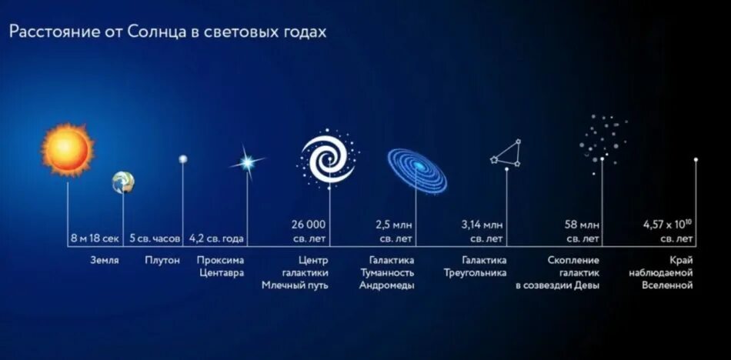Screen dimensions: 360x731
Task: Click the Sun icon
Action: (68, 148)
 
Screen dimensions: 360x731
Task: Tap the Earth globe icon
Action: (122, 182)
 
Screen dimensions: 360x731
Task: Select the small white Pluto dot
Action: (183, 159)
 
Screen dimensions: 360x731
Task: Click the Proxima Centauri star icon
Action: (247, 162)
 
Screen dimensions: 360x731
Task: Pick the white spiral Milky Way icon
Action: (328, 158)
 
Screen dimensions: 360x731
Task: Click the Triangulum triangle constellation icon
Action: (508, 153)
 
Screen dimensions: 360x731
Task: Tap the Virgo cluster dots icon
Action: (603, 138)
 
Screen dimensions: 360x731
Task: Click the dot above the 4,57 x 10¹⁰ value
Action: (696, 160)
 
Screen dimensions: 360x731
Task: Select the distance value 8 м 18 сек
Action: (95, 238)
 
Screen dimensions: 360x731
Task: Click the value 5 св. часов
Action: (155, 238)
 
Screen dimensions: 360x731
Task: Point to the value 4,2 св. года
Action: (216, 238)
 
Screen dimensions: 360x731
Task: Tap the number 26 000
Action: (308, 225)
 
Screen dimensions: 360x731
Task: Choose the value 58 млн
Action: (582, 225)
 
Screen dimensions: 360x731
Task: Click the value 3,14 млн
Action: (482, 225)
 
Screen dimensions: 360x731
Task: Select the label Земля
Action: (105, 260)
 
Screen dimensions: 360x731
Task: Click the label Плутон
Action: (162, 260)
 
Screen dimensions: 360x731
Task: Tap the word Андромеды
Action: (387, 285)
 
